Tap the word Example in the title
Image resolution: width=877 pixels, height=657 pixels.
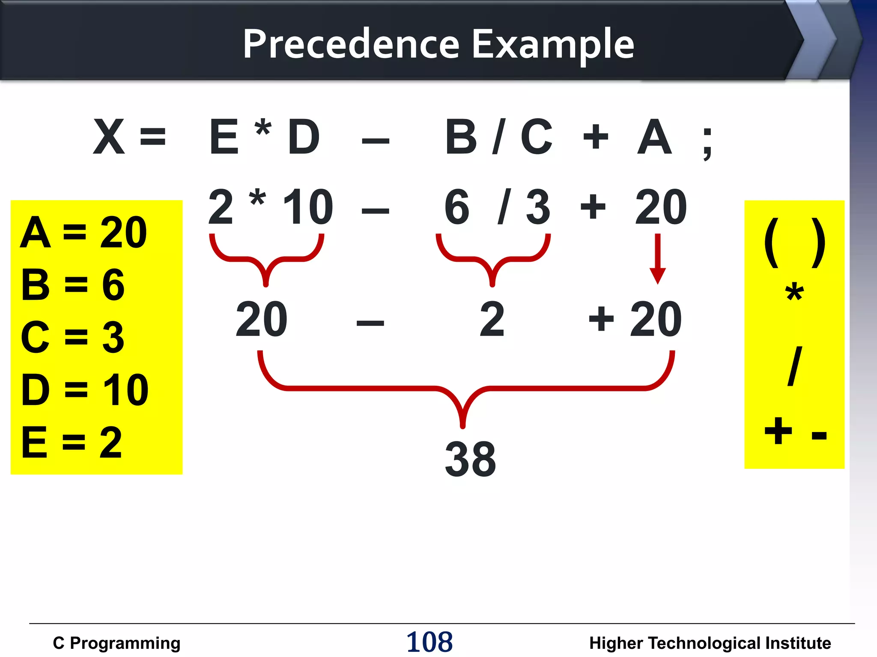coord(552,44)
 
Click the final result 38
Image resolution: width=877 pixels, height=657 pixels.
coord(470,459)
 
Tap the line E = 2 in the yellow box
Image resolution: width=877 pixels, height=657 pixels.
coord(72,442)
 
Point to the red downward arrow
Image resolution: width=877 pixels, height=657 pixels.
coord(657,258)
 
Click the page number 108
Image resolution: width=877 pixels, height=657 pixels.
coord(429,642)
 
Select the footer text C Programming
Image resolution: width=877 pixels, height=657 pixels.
coord(116,643)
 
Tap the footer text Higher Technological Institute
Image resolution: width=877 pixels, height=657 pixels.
coord(710,643)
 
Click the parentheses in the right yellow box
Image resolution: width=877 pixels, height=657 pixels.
coord(794,243)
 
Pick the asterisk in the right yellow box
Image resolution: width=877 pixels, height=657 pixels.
coord(794,293)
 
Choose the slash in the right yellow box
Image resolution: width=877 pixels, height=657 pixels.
coord(794,366)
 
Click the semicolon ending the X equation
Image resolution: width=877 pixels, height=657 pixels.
coord(707,143)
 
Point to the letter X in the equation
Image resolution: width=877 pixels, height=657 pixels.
coord(109,137)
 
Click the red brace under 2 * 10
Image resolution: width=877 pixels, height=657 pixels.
coord(266,259)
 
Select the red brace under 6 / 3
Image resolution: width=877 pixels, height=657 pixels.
coord(492,259)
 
